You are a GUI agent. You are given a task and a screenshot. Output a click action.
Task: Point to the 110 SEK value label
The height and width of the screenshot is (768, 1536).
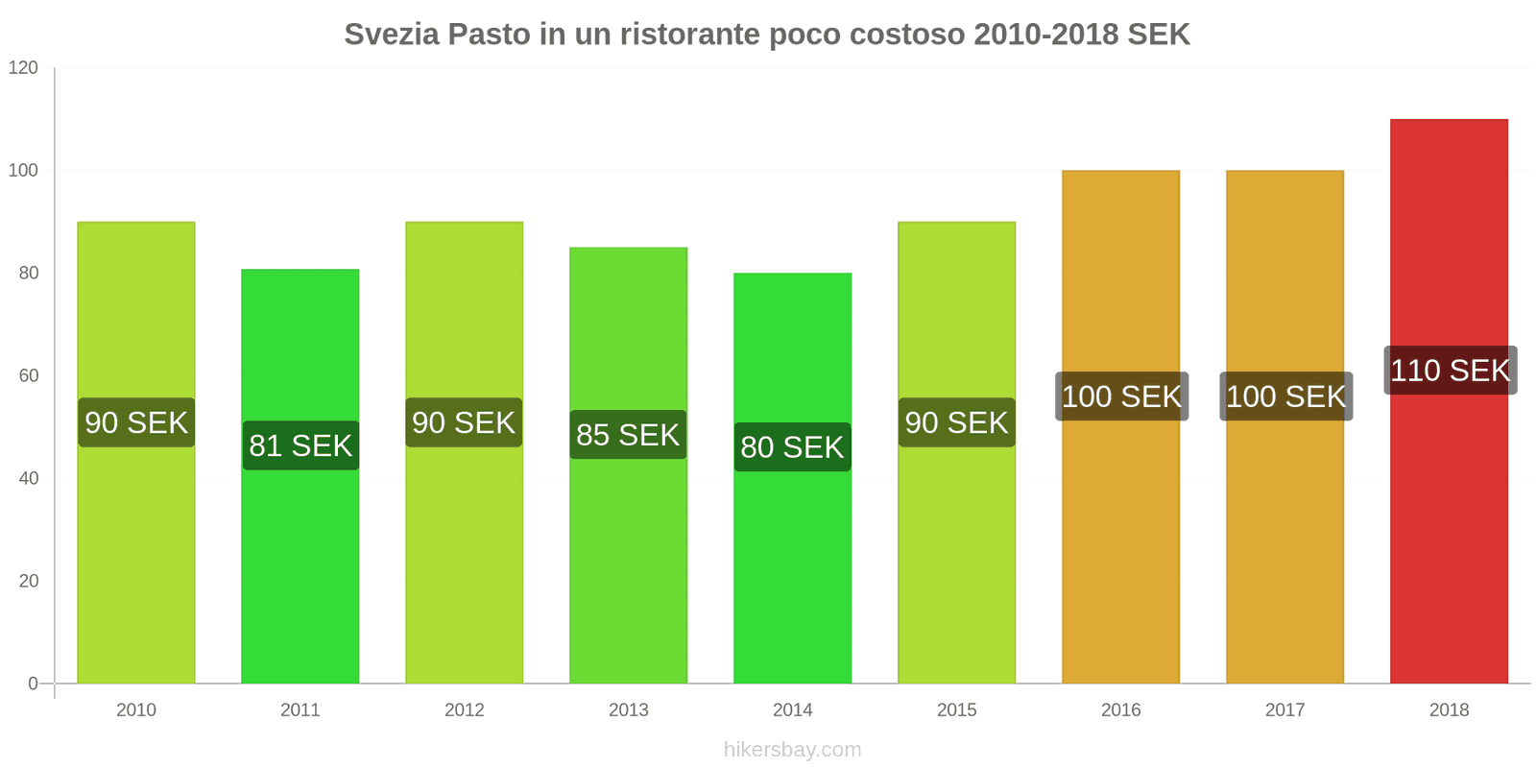click(x=1450, y=371)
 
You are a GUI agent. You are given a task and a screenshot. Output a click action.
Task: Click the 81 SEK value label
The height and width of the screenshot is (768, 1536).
click(x=300, y=445)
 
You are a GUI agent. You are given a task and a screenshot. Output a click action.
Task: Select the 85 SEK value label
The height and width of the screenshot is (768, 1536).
click(x=628, y=435)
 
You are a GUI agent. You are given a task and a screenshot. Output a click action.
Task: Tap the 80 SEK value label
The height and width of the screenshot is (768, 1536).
click(x=792, y=447)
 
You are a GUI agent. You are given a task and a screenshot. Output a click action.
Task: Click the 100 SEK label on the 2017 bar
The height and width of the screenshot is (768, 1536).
click(x=1285, y=396)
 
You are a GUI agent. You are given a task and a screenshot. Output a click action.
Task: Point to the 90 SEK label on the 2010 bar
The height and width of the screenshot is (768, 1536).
click(x=136, y=422)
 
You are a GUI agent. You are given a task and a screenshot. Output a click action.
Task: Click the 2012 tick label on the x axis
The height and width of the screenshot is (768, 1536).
click(x=465, y=710)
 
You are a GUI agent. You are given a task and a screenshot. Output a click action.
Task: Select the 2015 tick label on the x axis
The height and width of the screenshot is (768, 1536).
click(x=956, y=710)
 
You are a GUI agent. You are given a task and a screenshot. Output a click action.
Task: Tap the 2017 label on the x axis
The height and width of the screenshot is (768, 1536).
click(x=1284, y=710)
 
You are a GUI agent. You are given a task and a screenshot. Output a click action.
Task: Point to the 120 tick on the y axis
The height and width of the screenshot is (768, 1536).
click(x=23, y=68)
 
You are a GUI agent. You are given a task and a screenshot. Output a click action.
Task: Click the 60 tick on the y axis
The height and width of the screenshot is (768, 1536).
click(x=28, y=376)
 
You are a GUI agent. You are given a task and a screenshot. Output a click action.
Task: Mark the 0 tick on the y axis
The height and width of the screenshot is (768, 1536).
click(x=33, y=684)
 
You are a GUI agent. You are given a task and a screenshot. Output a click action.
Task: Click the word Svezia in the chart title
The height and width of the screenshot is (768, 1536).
click(x=392, y=35)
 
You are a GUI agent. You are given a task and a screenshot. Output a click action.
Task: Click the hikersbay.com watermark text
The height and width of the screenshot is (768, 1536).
click(x=792, y=750)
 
